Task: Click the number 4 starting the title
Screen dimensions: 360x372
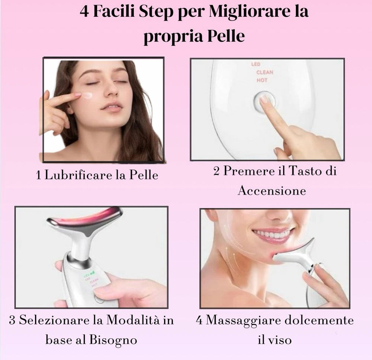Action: [84, 12]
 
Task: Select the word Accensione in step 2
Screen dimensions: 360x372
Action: [272, 191]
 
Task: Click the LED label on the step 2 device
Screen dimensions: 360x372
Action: [256, 65]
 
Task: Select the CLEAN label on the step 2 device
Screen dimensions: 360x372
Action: [264, 72]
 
